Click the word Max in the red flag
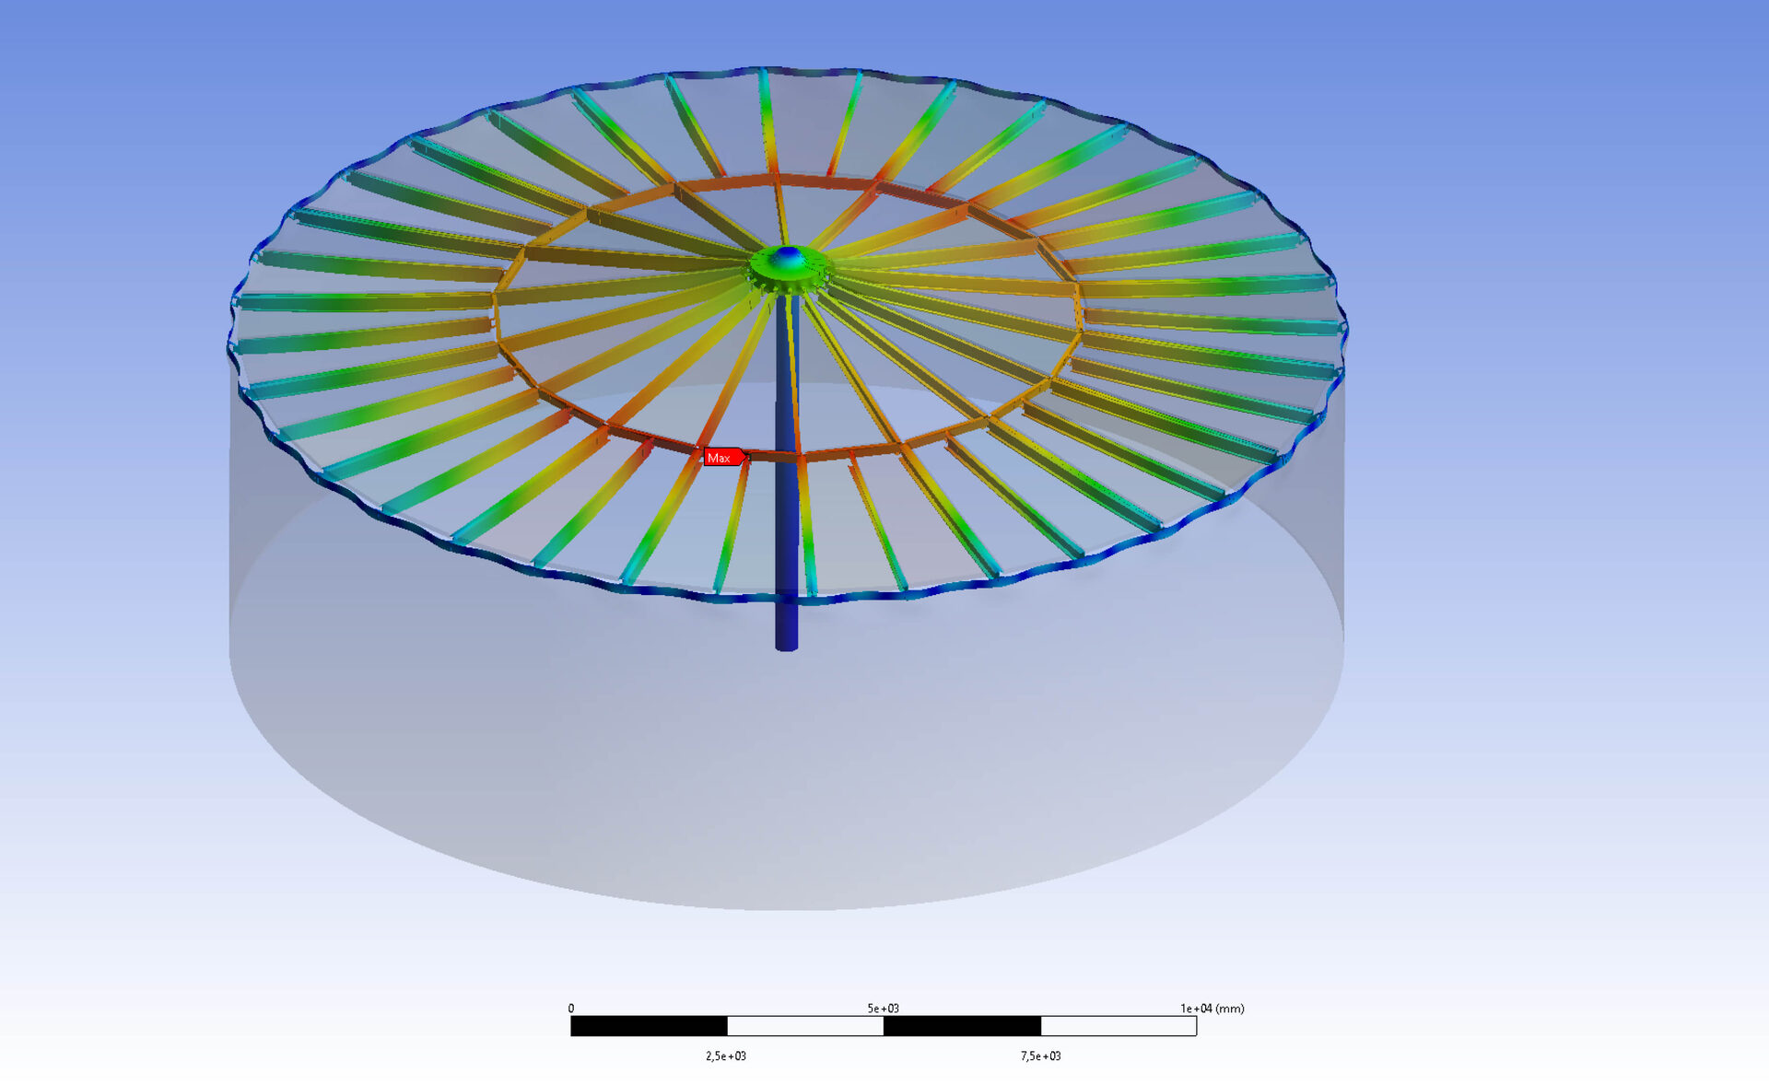click(x=719, y=458)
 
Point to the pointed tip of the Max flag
click(x=748, y=457)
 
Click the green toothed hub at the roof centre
click(x=789, y=270)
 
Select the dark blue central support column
click(x=787, y=470)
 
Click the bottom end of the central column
click(x=787, y=648)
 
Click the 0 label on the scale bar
click(x=571, y=1009)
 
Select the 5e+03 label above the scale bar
click(x=883, y=1009)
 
